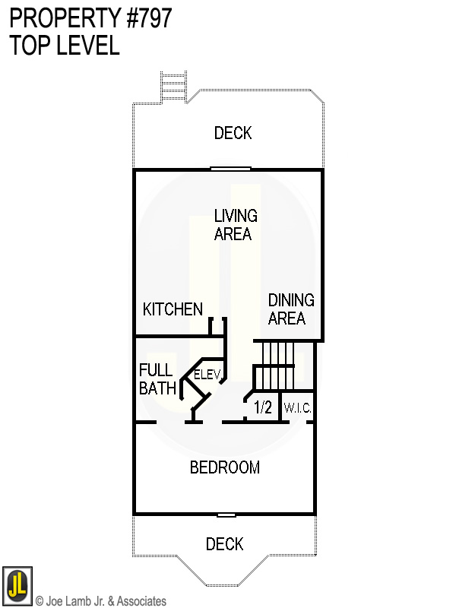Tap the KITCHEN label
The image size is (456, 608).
click(173, 309)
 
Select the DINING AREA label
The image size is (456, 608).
click(290, 309)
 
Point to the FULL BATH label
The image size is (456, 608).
click(157, 379)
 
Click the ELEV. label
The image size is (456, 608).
click(207, 375)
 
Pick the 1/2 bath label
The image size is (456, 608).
click(262, 408)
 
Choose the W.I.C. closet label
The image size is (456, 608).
click(297, 409)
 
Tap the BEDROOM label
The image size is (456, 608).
click(225, 467)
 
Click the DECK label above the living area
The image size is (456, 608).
click(233, 134)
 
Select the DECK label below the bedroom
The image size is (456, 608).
click(225, 544)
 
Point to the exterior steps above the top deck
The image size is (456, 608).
click(174, 85)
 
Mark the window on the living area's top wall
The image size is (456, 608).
click(231, 169)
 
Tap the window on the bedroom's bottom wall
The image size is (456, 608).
click(226, 515)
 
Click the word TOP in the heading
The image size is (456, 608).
click(28, 46)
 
